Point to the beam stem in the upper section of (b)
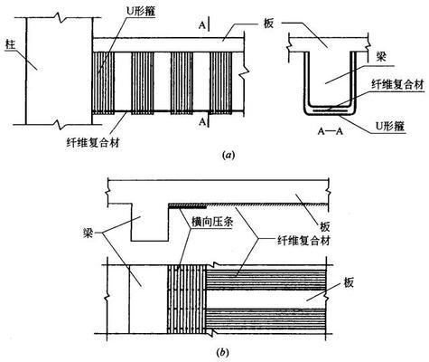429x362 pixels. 147,224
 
